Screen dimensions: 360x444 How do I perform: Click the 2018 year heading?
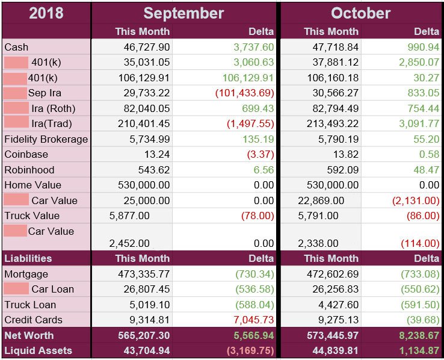[46, 13]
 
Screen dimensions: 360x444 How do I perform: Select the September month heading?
[183, 13]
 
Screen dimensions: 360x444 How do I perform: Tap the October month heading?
[360, 13]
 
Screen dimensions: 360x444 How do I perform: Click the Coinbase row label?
[26, 154]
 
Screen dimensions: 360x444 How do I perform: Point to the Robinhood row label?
[29, 170]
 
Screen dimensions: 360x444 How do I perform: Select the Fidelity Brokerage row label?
[46, 139]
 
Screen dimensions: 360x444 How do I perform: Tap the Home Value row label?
[32, 185]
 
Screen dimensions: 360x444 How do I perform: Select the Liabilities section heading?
[28, 258]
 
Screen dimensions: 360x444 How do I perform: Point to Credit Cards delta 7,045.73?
[250, 320]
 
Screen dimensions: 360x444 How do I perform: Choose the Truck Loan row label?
[30, 305]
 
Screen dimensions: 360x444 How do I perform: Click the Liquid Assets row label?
[38, 350]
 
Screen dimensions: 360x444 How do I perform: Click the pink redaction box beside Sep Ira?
[15, 93]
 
